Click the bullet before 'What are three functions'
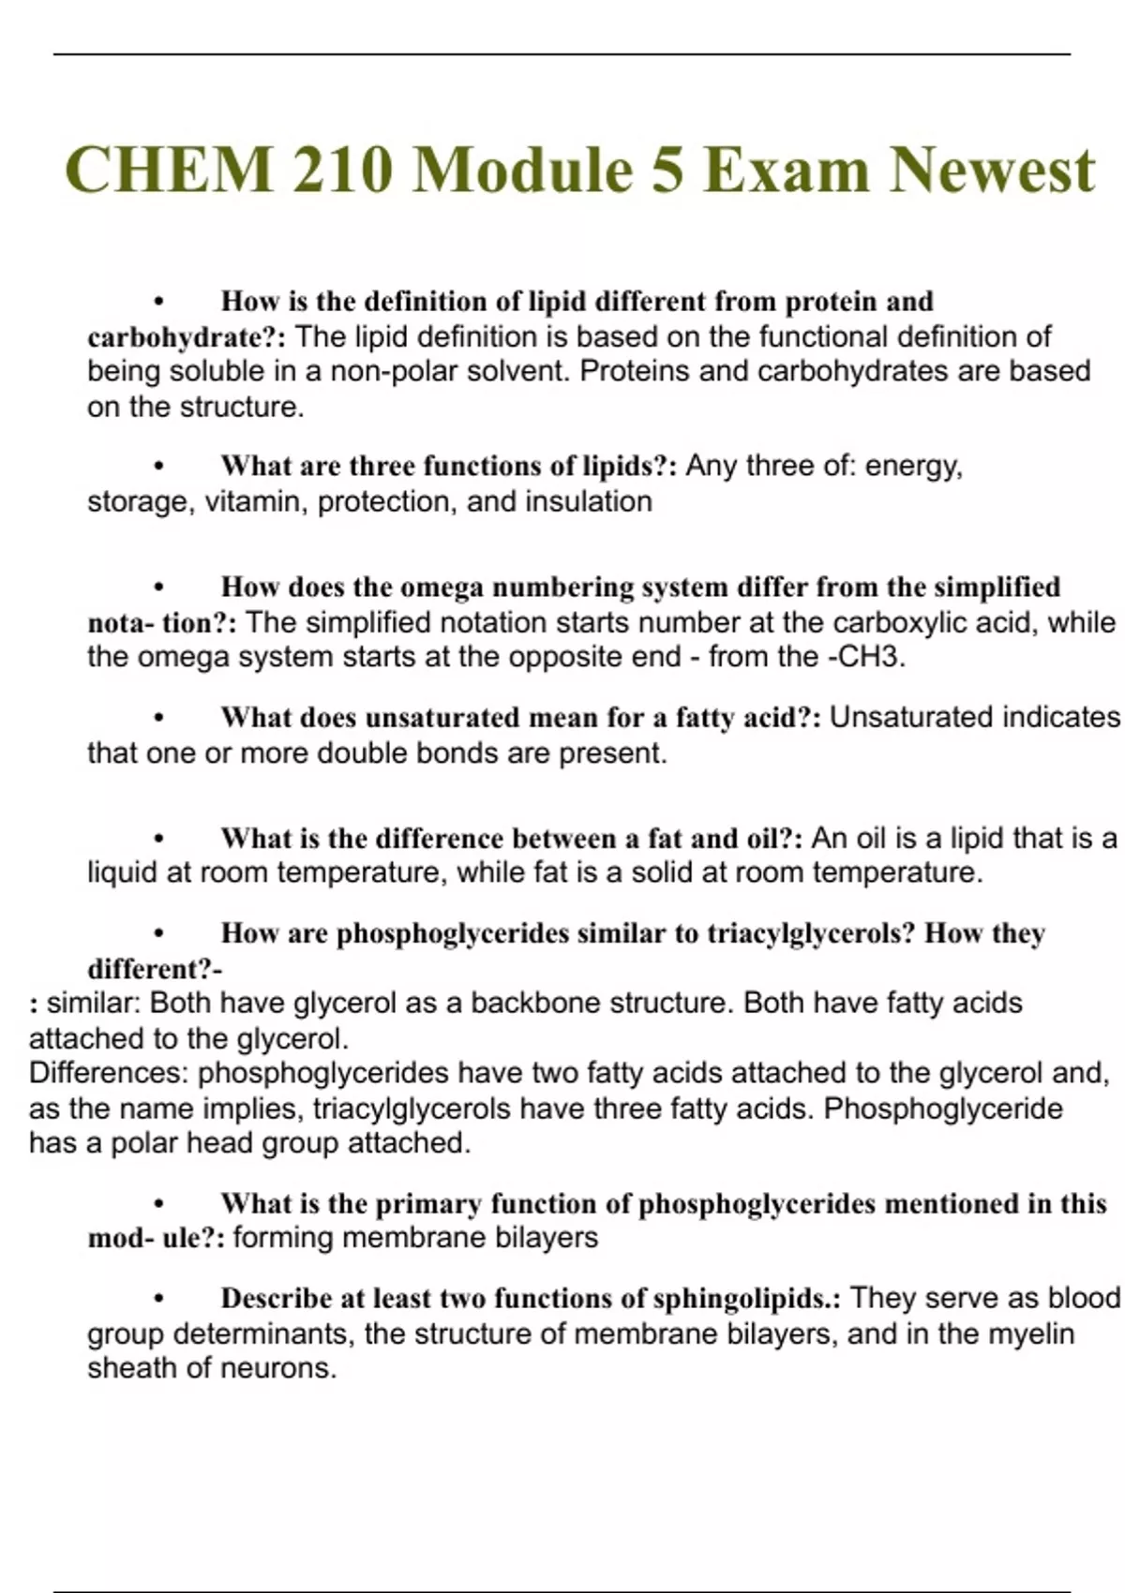pyautogui.click(x=159, y=467)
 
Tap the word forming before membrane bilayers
pyautogui.click(x=283, y=1238)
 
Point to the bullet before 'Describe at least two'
pyautogui.click(x=159, y=1300)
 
